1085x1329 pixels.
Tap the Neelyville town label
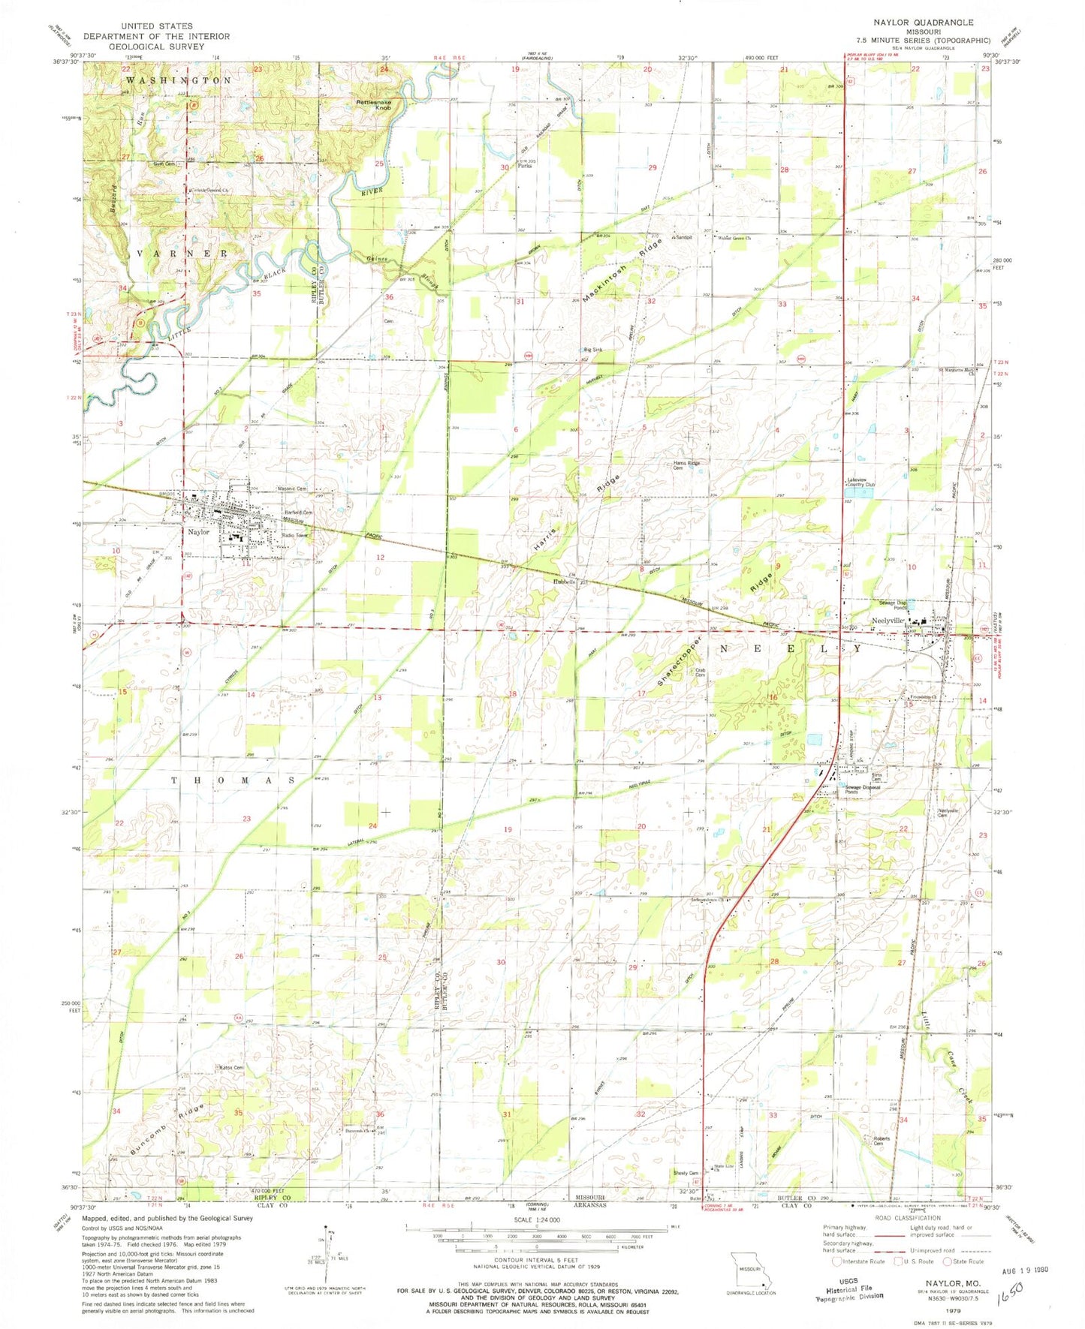888,621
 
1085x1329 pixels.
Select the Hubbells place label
565,582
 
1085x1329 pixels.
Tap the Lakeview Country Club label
861,483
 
